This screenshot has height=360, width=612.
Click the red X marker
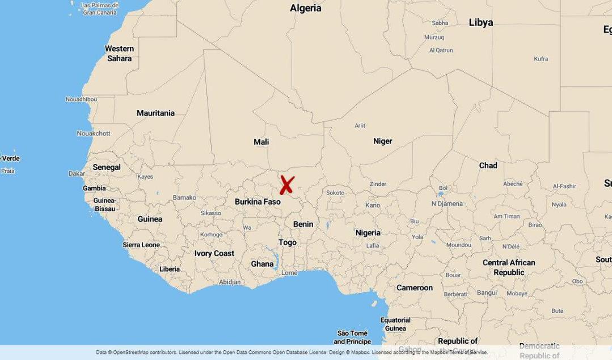pos(287,185)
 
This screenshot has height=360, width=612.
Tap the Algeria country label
pos(305,8)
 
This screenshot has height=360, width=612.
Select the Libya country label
pos(480,23)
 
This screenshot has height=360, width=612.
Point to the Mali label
pos(261,142)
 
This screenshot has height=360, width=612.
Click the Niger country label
pos(382,141)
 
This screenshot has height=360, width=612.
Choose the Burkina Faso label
pos(258,201)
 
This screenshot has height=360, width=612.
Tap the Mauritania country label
pos(155,113)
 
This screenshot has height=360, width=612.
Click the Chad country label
pos(488,166)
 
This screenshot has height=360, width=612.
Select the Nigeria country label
pos(368,233)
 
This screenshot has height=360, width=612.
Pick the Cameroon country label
pos(414,288)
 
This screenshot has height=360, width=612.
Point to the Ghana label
pos(262,264)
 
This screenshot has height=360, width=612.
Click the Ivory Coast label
pos(214,253)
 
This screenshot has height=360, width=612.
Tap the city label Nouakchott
pos(94,134)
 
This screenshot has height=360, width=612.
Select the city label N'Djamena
pos(447,204)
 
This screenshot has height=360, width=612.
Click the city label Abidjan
pos(230,282)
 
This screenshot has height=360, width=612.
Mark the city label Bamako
pos(184,198)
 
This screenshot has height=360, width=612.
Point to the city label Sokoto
pos(335,193)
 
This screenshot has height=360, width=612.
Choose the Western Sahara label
pos(119,53)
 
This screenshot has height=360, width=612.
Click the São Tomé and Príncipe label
pos(352,337)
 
